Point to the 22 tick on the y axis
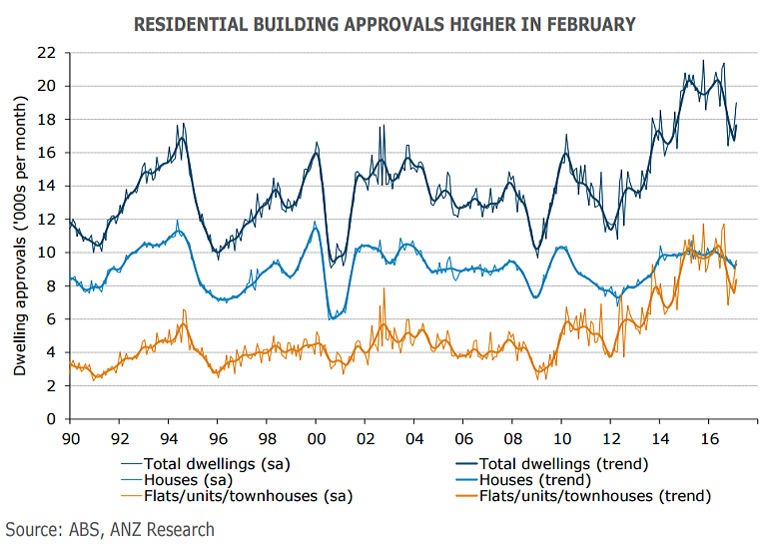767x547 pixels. [x=46, y=53]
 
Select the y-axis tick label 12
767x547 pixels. [x=46, y=220]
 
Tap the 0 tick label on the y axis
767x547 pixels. [x=50, y=419]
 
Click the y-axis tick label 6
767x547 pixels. [x=50, y=319]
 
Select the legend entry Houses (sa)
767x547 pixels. [x=186, y=479]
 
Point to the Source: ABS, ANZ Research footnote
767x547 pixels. [x=110, y=529]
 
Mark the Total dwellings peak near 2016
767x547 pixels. [x=703, y=61]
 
